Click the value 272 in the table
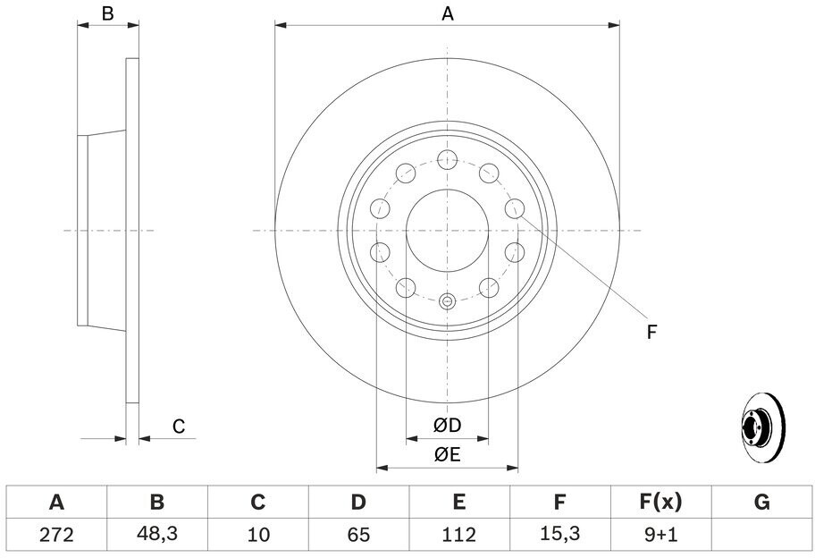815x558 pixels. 56,535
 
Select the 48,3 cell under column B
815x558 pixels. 157,534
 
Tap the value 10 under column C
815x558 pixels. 257,535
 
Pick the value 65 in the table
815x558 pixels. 358,535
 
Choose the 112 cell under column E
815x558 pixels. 459,535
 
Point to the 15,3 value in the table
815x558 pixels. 559,534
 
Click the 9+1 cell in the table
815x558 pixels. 660,535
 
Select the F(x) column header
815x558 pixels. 660,503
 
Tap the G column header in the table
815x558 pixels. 761,503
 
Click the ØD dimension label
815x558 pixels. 448,426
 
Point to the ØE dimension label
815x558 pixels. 448,455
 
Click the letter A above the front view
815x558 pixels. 448,14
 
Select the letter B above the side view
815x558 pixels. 107,13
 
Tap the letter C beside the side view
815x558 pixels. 179,427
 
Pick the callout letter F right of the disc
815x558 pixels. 651,331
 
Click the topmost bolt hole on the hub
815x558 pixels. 447,159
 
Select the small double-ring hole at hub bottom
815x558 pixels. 447,301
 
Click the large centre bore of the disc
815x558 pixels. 447,231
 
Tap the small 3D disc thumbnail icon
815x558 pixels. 763,427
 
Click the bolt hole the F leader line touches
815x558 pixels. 515,208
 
